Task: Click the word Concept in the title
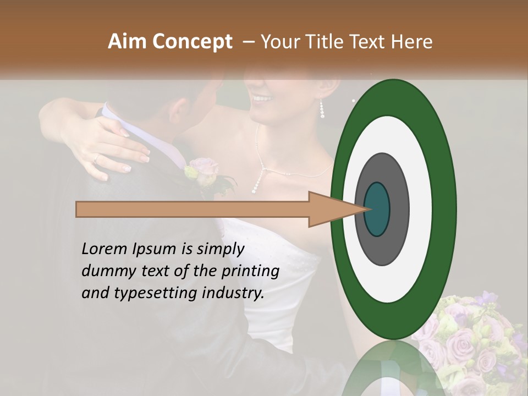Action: pyautogui.click(x=192, y=42)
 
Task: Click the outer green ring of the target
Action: pyautogui.click(x=443, y=209)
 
